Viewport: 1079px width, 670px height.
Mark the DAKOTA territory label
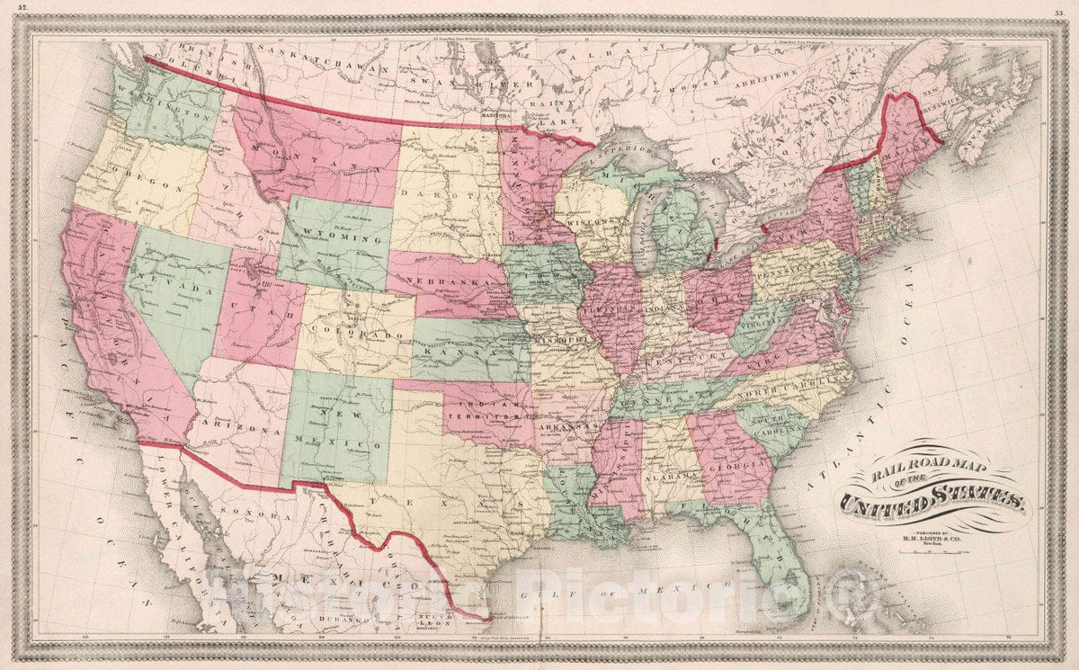(447, 192)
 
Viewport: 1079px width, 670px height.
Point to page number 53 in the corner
(1061, 12)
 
